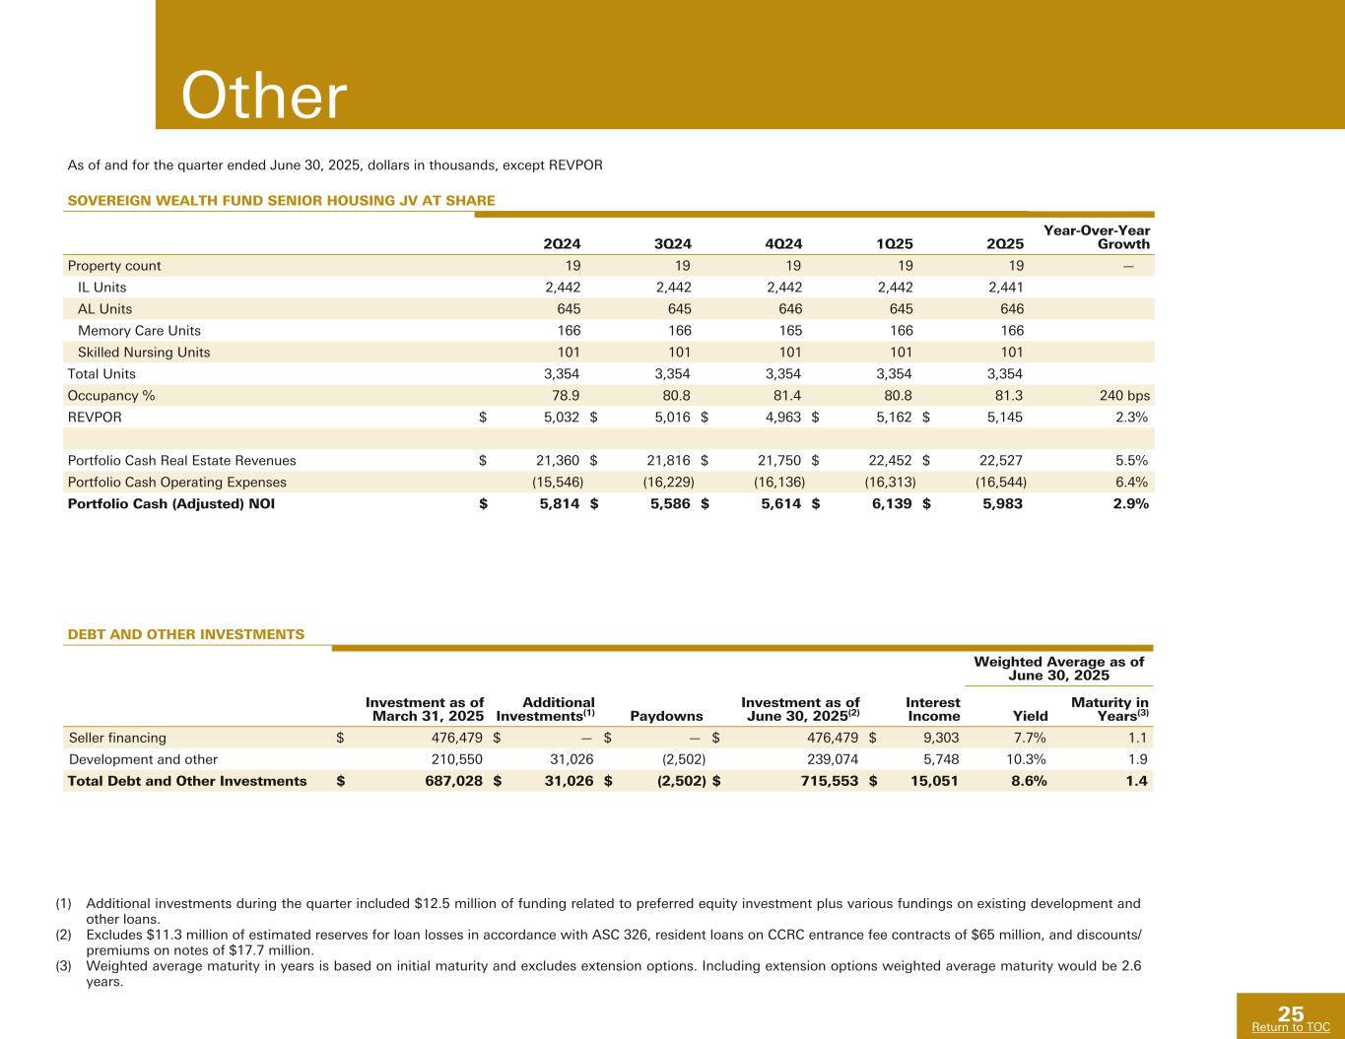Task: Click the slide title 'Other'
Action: (264, 97)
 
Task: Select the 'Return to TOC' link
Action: (1290, 1027)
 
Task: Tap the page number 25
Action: (1291, 1014)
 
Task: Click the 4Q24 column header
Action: (783, 244)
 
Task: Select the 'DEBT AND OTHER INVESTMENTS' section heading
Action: (185, 634)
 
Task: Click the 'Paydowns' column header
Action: (674, 716)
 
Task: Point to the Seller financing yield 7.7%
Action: (1028, 738)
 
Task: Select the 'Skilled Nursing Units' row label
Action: (144, 353)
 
